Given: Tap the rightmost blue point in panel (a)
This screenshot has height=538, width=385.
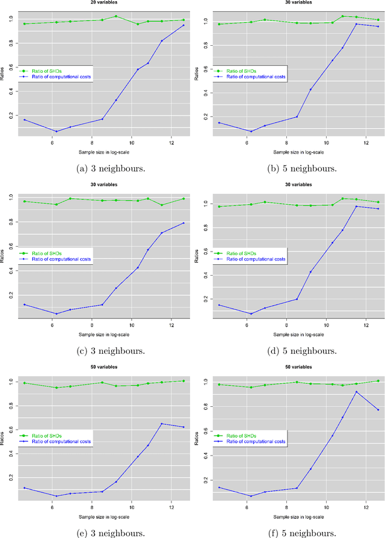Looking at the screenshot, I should pyautogui.click(x=183, y=25).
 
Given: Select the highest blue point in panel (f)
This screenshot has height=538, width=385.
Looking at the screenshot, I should pyautogui.click(x=356, y=392).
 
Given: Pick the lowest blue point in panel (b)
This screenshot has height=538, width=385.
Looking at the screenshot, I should pyautogui.click(x=251, y=131).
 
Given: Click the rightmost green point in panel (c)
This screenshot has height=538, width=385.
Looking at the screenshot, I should pyautogui.click(x=183, y=199).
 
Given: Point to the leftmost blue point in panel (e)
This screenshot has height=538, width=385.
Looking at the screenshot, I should pyautogui.click(x=25, y=488).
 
